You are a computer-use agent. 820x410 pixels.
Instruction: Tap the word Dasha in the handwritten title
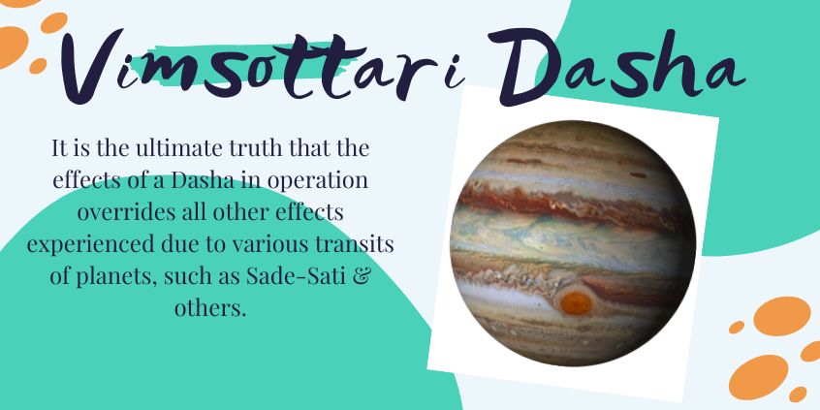pos(617,65)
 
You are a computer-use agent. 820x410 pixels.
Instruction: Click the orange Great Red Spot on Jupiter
pos(576,302)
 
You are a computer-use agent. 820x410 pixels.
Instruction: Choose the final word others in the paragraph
pos(209,308)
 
